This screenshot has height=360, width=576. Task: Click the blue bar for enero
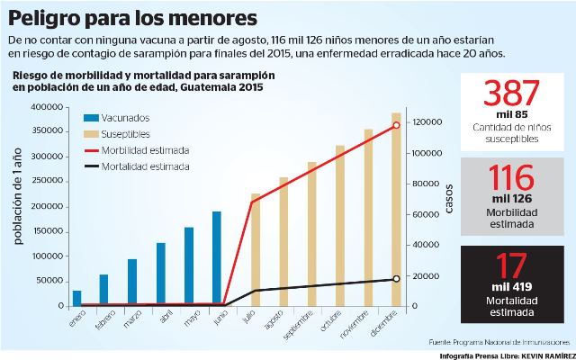point(76,298)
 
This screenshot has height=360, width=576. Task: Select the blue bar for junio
point(217,259)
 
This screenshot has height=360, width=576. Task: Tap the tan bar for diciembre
point(396,209)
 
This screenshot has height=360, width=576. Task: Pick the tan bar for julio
point(255,249)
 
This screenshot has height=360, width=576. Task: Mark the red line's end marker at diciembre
point(396,125)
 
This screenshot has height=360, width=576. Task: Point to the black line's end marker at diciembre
point(396,279)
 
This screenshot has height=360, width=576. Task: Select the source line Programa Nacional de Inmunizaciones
point(499,342)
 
